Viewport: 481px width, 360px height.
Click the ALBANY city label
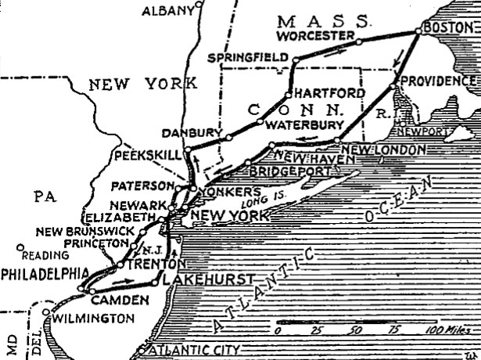click(x=167, y=11)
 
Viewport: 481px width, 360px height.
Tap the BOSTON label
click(x=443, y=27)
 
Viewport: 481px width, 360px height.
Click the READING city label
click(x=39, y=255)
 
